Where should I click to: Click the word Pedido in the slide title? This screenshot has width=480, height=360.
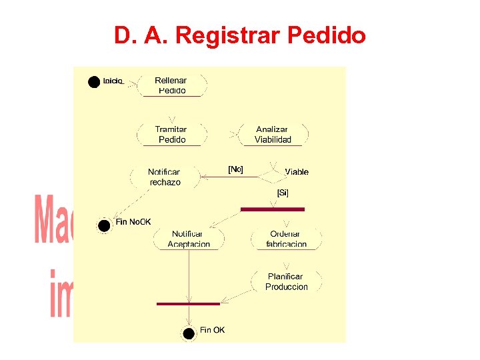(x=327, y=35)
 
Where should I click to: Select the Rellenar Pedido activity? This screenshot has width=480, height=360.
(x=172, y=85)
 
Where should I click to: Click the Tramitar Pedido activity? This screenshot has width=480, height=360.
(x=171, y=135)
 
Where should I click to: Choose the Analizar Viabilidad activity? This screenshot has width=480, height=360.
(x=273, y=135)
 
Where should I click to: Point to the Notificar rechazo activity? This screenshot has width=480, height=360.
(x=164, y=177)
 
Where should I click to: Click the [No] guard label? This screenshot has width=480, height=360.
(x=235, y=169)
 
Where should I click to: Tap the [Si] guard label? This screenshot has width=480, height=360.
(x=283, y=193)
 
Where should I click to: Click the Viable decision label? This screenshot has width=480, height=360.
(x=296, y=172)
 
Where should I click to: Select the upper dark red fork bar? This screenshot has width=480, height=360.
(x=272, y=209)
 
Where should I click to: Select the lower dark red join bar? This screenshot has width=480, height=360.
(x=188, y=303)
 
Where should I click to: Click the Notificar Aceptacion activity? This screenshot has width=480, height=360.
(x=189, y=239)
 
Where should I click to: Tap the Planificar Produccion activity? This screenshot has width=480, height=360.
(x=286, y=281)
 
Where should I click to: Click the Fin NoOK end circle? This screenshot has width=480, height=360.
(x=104, y=225)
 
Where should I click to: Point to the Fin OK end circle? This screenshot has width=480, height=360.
(x=189, y=333)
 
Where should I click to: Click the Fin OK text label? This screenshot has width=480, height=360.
(x=213, y=330)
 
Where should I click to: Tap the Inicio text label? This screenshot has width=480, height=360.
(x=113, y=81)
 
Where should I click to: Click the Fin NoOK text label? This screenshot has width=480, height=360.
(x=133, y=222)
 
